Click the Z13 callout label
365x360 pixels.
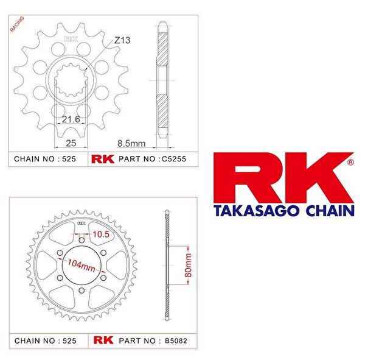click(123, 40)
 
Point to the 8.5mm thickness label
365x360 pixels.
click(132, 143)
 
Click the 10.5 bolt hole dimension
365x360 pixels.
click(99, 233)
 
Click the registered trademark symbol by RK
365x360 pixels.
click(350, 163)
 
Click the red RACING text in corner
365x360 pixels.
click(17, 25)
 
